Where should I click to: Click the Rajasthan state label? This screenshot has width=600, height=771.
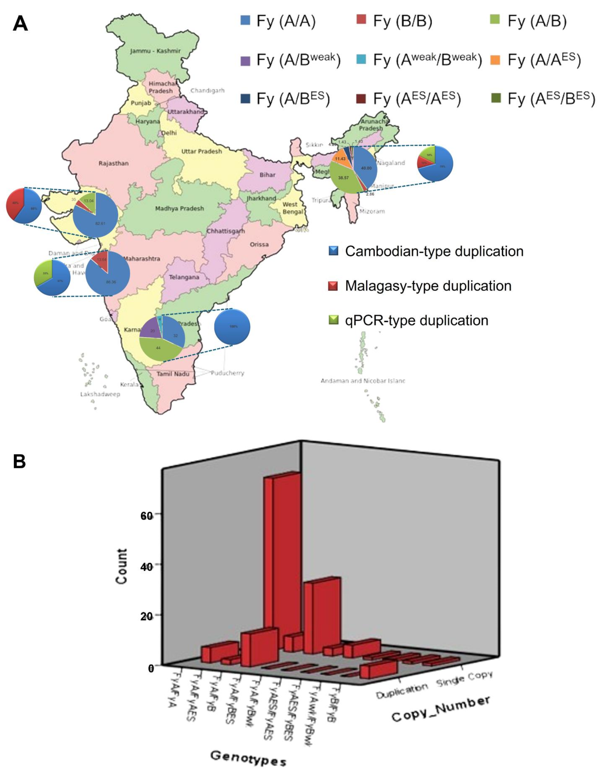coord(113,164)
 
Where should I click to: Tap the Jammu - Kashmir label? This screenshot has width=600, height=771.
coord(155,51)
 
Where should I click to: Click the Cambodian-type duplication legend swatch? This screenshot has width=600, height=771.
coord(333,251)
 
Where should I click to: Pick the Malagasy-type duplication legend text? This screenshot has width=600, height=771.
coord(428,286)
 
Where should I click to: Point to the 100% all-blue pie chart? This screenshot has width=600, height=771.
coord(232,326)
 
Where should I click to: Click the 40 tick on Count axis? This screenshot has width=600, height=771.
coord(146,566)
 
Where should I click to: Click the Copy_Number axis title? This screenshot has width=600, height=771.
coord(441,710)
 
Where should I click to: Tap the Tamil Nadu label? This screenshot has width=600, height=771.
coord(173,374)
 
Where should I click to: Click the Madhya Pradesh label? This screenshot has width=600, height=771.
coord(179,208)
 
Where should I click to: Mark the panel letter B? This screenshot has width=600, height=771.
coord(19,461)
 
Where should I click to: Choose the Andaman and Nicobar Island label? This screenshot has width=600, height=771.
coord(363,381)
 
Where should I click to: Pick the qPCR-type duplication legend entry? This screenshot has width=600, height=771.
coord(409,320)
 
